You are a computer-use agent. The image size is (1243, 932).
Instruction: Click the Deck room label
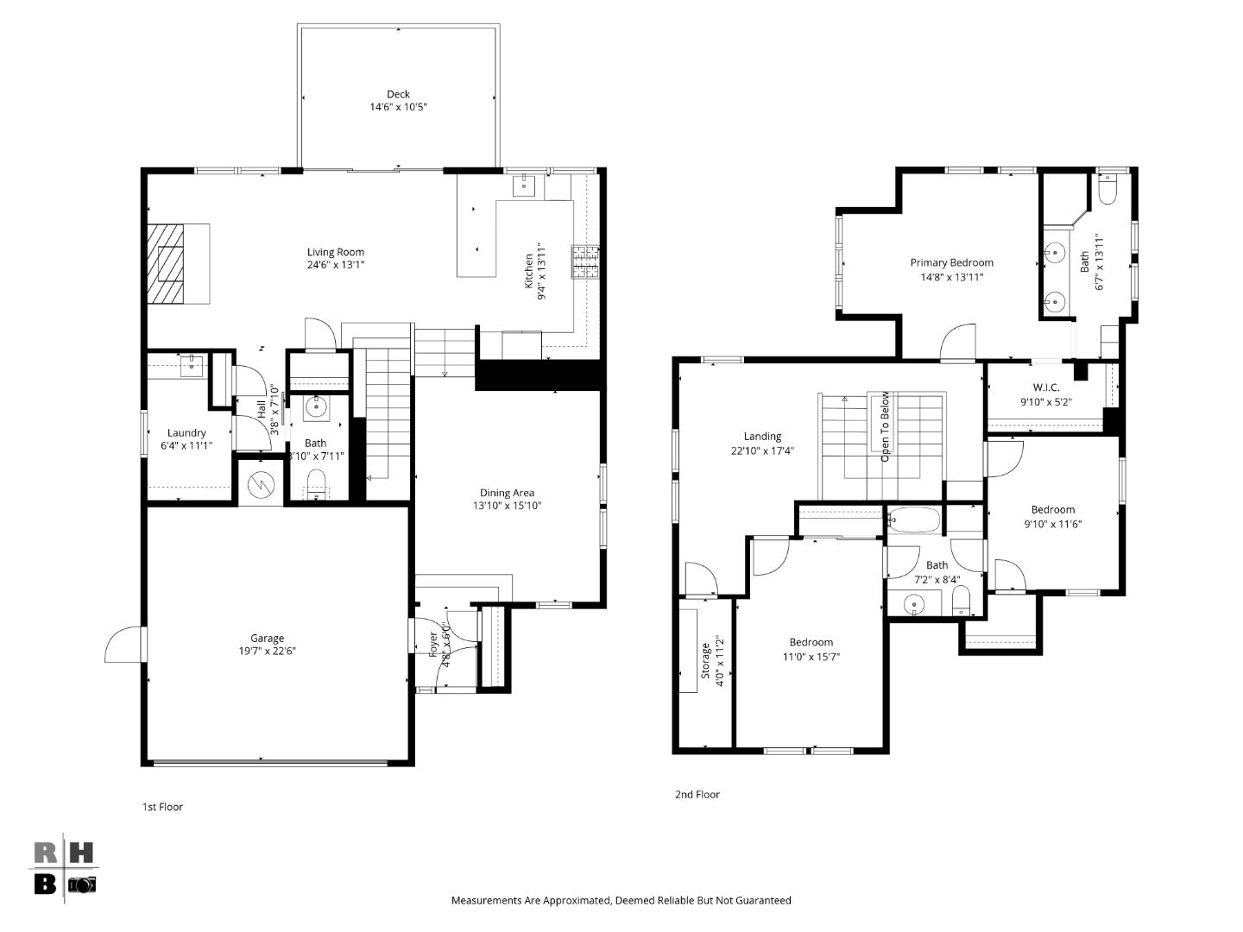point(398,94)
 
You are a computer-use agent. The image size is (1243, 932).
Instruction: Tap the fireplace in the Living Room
point(167,264)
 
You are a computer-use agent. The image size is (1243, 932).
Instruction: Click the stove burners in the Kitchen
point(584,262)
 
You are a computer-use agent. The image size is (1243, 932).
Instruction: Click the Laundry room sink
point(192,367)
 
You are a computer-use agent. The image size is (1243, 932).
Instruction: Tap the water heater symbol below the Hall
point(259,486)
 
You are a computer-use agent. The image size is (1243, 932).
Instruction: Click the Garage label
point(268,638)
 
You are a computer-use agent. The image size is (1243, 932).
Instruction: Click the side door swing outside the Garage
point(123,645)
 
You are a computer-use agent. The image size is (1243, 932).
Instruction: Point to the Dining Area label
point(507,493)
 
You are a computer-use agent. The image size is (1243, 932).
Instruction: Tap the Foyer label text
point(433,645)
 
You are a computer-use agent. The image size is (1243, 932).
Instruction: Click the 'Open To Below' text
point(885,426)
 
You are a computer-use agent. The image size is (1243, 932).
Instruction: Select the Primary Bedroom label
point(951,262)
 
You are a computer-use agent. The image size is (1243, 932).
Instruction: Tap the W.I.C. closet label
point(1045,387)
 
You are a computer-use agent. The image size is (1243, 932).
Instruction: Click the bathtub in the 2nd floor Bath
point(913,520)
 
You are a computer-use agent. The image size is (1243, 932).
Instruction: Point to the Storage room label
point(705,659)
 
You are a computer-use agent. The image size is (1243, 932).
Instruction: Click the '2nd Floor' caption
point(697,794)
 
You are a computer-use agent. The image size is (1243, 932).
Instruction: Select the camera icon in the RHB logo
point(82,885)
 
